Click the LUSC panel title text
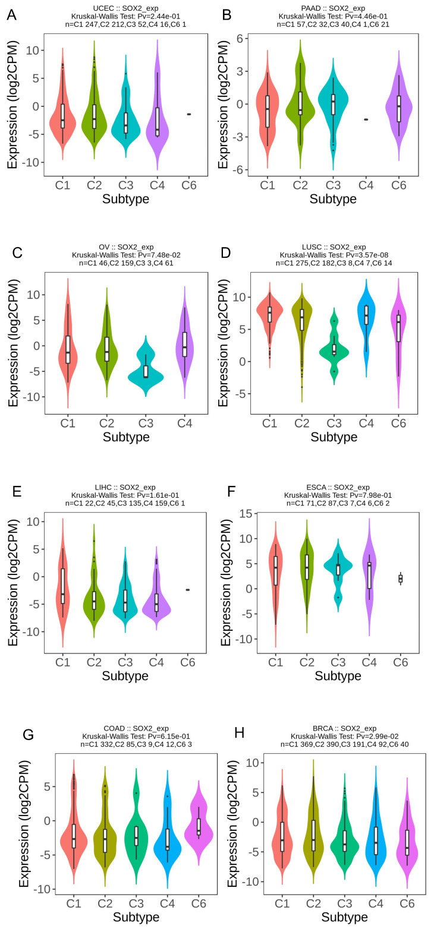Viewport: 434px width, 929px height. pyautogui.click(x=334, y=247)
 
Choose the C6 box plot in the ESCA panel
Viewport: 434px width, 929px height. pyautogui.click(x=400, y=579)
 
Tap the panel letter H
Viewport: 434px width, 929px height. pyautogui.click(x=240, y=733)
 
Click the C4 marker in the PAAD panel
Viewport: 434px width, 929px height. pyautogui.click(x=366, y=119)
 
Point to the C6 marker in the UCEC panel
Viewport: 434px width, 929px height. pyautogui.click(x=189, y=114)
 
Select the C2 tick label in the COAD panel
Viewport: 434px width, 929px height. pyautogui.click(x=106, y=903)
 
